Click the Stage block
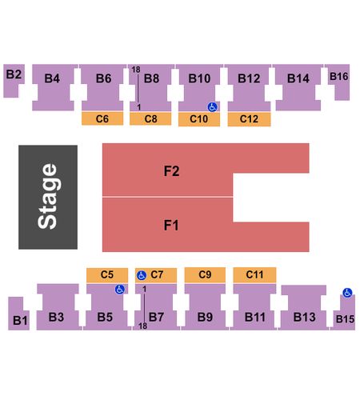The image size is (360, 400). click(x=48, y=197)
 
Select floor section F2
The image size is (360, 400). click(x=170, y=170)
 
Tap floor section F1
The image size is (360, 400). click(x=170, y=225)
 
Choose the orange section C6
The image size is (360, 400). click(x=102, y=118)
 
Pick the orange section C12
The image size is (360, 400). click(x=249, y=119)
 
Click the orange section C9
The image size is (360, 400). click(x=205, y=274)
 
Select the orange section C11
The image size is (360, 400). click(x=254, y=274)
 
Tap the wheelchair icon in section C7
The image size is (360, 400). click(x=142, y=275)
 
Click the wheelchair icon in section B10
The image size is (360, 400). click(x=213, y=107)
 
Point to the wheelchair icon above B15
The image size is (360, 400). click(x=347, y=293)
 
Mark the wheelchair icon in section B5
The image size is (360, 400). click(x=120, y=289)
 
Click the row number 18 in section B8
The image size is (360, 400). click(x=136, y=70)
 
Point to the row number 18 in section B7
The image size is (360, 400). click(x=142, y=326)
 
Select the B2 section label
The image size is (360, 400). click(x=14, y=74)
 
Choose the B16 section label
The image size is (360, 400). click(x=339, y=77)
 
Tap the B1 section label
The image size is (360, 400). click(x=20, y=320)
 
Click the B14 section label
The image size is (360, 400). click(x=298, y=78)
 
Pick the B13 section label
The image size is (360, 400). click(x=304, y=317)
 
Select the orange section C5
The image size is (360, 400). click(x=107, y=274)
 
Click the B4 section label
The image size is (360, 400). click(x=52, y=78)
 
